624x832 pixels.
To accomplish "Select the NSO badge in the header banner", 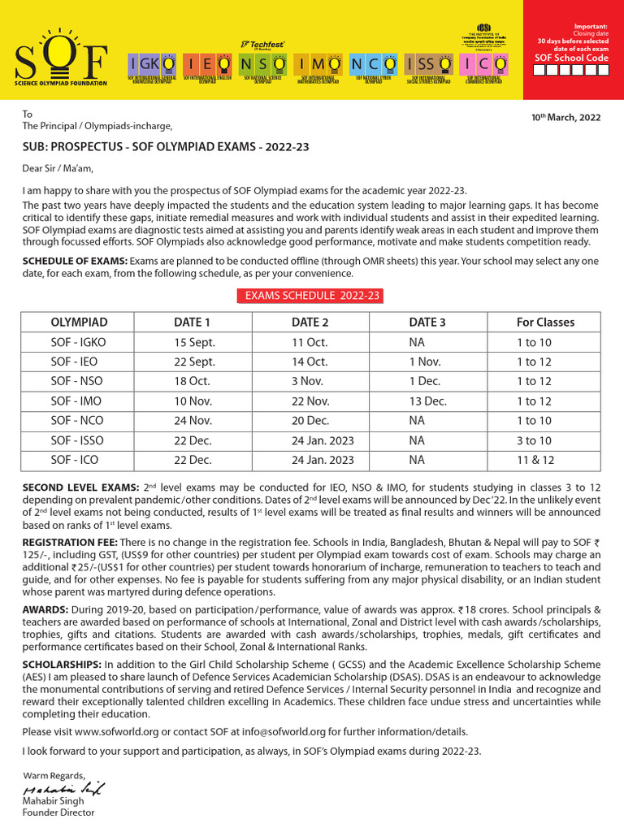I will pos(262,63).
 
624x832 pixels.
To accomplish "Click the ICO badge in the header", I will pos(485,63).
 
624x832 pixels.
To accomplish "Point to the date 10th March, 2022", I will pos(565,117).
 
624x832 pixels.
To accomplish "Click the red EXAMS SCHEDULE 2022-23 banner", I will pos(313,296).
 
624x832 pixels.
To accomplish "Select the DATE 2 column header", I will pos(310,323).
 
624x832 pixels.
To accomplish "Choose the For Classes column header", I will pos(545,323).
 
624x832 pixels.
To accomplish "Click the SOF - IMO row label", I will pos(78,401).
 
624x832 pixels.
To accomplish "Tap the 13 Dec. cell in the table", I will pos(427,401).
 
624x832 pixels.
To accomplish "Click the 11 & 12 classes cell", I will pos(534,460).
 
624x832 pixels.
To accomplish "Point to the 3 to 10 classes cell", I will pos(534,440).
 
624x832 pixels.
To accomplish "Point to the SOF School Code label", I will pos(573,58).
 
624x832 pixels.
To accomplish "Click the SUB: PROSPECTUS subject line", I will pos(165,147).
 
